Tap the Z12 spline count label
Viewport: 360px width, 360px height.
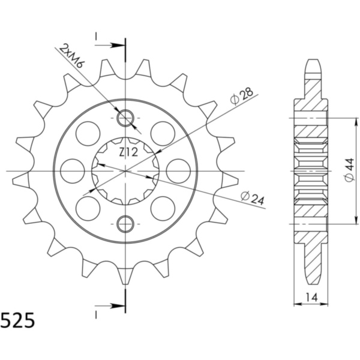point(128,152)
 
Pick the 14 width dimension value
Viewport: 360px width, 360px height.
point(311,297)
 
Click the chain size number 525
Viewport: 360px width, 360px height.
point(18,320)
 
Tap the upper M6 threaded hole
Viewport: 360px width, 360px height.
point(125,118)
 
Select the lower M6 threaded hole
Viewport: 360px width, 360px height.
point(125,224)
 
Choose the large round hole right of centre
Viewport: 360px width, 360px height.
point(178,171)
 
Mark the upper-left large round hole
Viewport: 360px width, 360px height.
point(88,133)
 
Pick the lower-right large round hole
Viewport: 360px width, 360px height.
point(163,208)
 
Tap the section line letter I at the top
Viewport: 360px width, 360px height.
point(96,38)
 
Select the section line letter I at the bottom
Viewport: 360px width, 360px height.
point(96,313)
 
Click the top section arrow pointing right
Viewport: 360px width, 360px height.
point(114,44)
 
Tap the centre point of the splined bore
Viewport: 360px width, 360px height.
point(125,171)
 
